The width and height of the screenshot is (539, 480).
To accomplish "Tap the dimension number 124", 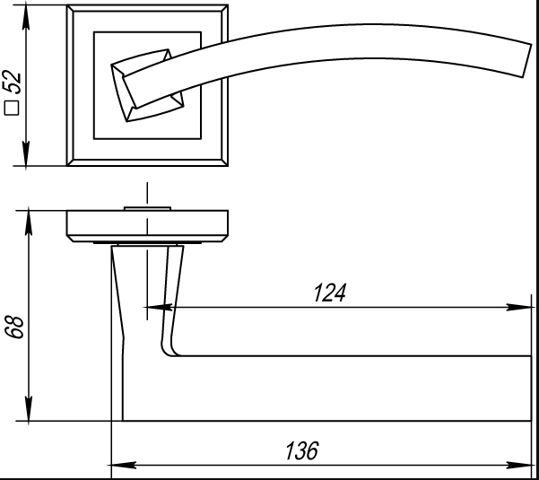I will (330, 293).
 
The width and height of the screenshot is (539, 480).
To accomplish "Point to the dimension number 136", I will (301, 451).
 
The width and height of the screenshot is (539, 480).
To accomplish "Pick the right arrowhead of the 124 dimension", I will (518, 308).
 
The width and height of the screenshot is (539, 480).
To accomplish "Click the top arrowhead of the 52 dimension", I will (30, 13).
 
